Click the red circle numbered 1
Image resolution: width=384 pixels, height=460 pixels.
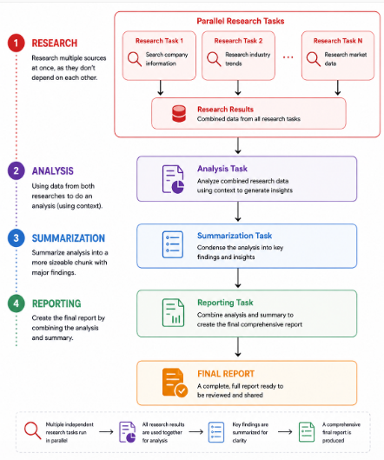pyautogui.click(x=17, y=43)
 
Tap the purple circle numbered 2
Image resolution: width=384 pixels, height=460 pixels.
pyautogui.click(x=17, y=170)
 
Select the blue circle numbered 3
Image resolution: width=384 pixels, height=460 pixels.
pyautogui.click(x=17, y=237)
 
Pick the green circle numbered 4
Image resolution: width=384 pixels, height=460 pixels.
pyautogui.click(x=17, y=303)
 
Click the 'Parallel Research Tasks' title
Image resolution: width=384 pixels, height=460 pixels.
pyautogui.click(x=241, y=21)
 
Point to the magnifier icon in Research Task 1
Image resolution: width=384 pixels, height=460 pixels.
pyautogui.click(x=135, y=59)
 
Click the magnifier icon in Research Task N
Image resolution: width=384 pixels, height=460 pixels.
pyautogui.click(x=314, y=59)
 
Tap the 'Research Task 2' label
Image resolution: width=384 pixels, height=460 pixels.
pyautogui.click(x=238, y=41)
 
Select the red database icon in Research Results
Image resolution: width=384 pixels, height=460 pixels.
pyautogui.click(x=179, y=114)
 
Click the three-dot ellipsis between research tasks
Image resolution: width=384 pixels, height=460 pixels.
pyautogui.click(x=288, y=57)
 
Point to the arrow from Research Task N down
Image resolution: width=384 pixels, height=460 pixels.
pyautogui.click(x=338, y=88)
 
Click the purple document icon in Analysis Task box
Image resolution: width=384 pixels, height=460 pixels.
pyautogui.click(x=173, y=179)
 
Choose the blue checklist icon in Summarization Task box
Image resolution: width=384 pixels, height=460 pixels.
pyautogui.click(x=173, y=244)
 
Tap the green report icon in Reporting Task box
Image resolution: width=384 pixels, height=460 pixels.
pyautogui.click(x=173, y=313)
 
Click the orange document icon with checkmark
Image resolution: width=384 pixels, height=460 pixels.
pyautogui.click(x=175, y=383)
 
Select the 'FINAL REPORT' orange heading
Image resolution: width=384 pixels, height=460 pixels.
pyautogui.click(x=226, y=374)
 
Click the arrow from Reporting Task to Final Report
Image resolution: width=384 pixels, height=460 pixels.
pyautogui.click(x=238, y=347)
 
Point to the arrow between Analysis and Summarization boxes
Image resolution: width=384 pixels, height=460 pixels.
pyautogui.click(x=238, y=211)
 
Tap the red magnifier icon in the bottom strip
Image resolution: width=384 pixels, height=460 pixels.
pyautogui.click(x=33, y=430)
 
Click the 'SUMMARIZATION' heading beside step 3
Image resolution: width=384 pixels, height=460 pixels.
pyautogui.click(x=69, y=238)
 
